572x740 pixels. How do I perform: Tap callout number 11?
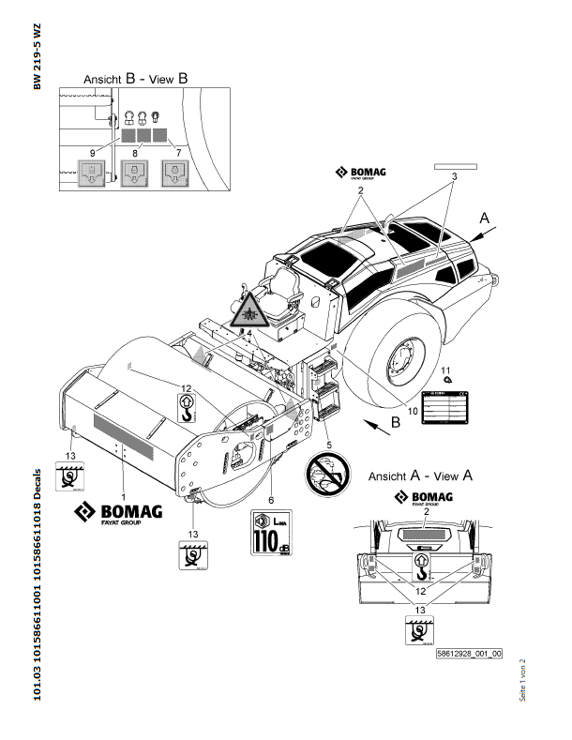[x=446, y=370]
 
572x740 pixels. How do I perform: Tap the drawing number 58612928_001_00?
[x=469, y=654]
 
